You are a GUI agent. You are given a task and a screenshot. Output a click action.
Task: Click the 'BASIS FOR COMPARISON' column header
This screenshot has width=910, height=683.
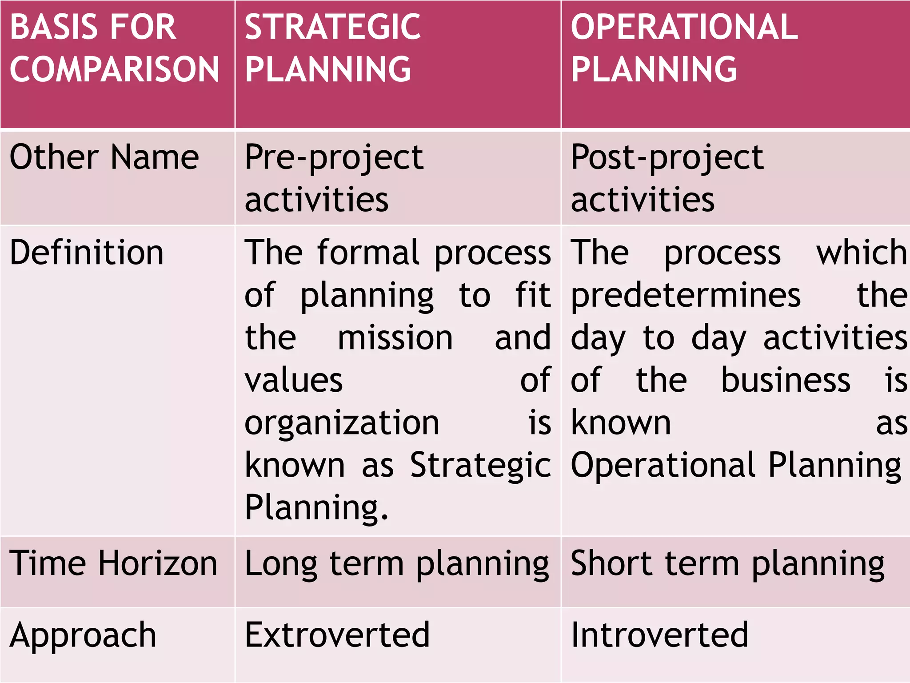(x=115, y=49)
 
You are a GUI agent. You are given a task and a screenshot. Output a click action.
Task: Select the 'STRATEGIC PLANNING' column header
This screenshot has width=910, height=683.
(x=332, y=49)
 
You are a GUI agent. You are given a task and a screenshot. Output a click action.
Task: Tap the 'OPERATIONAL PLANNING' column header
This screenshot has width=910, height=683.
(x=684, y=49)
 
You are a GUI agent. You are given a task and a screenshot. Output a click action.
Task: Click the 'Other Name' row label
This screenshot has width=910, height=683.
(x=104, y=158)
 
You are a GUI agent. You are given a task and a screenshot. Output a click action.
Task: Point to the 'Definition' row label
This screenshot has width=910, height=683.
(x=87, y=253)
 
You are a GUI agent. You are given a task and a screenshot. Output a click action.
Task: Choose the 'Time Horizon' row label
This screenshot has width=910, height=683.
(x=113, y=564)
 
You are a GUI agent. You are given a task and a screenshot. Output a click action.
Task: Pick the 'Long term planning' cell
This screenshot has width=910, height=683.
(x=397, y=564)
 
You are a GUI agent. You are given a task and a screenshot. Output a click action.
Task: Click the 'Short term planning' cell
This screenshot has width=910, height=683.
(x=727, y=564)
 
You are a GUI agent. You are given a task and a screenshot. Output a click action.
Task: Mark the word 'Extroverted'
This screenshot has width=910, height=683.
(x=337, y=635)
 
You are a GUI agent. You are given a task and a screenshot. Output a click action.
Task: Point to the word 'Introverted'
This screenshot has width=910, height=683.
(x=659, y=635)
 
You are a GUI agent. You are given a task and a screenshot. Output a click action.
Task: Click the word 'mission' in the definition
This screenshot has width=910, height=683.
(x=395, y=338)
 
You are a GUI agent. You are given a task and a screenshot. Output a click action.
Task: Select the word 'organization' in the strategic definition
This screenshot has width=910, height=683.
(x=342, y=422)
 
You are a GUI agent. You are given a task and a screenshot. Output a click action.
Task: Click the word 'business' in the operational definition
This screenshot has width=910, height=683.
(x=785, y=381)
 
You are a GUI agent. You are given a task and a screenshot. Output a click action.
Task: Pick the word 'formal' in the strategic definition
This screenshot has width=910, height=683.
(x=368, y=253)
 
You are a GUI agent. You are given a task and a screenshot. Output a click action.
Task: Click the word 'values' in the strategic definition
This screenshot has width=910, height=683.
(x=294, y=381)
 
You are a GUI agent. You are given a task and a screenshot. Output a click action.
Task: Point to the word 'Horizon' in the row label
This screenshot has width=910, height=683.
(x=158, y=564)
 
